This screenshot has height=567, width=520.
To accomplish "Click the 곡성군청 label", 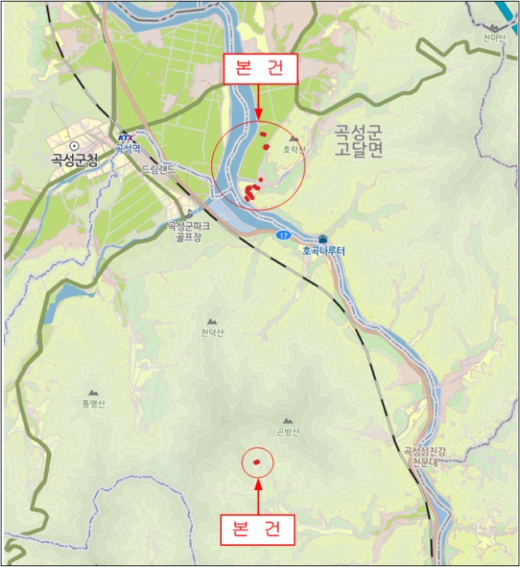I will (x=74, y=160).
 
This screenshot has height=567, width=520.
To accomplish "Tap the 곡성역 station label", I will (x=127, y=148).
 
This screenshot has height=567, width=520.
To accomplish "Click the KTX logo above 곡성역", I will (x=124, y=138).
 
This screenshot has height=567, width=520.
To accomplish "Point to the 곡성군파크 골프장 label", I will (x=189, y=232).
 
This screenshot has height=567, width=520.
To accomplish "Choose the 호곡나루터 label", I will (x=324, y=251).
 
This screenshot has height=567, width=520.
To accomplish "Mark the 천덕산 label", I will (x=212, y=333).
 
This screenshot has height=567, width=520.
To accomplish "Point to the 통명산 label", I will (x=93, y=403).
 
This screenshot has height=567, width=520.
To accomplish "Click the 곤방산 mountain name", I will (x=288, y=432).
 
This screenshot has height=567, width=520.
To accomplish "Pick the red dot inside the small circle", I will (x=257, y=463).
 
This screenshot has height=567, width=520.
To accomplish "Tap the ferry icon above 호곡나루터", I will (x=323, y=239).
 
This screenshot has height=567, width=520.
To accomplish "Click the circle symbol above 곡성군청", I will (x=74, y=146).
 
